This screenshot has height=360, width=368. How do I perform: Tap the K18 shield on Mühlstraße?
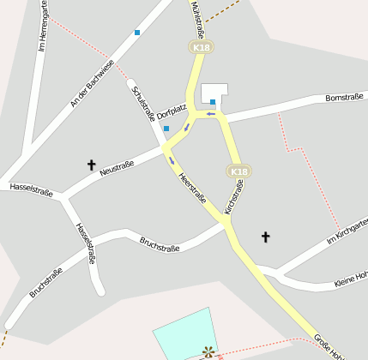point(201,47)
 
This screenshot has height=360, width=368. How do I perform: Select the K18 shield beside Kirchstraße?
point(238,171)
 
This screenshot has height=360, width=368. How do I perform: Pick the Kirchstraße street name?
point(233,197)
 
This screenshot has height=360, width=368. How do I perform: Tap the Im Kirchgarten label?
point(347,232)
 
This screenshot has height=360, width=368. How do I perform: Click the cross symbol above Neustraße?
point(91,163)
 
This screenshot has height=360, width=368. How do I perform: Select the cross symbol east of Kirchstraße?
point(265,236)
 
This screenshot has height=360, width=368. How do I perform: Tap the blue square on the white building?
point(213,102)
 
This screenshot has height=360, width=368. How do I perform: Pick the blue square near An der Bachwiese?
point(136,33)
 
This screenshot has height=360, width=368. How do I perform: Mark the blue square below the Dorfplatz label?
point(166,129)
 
